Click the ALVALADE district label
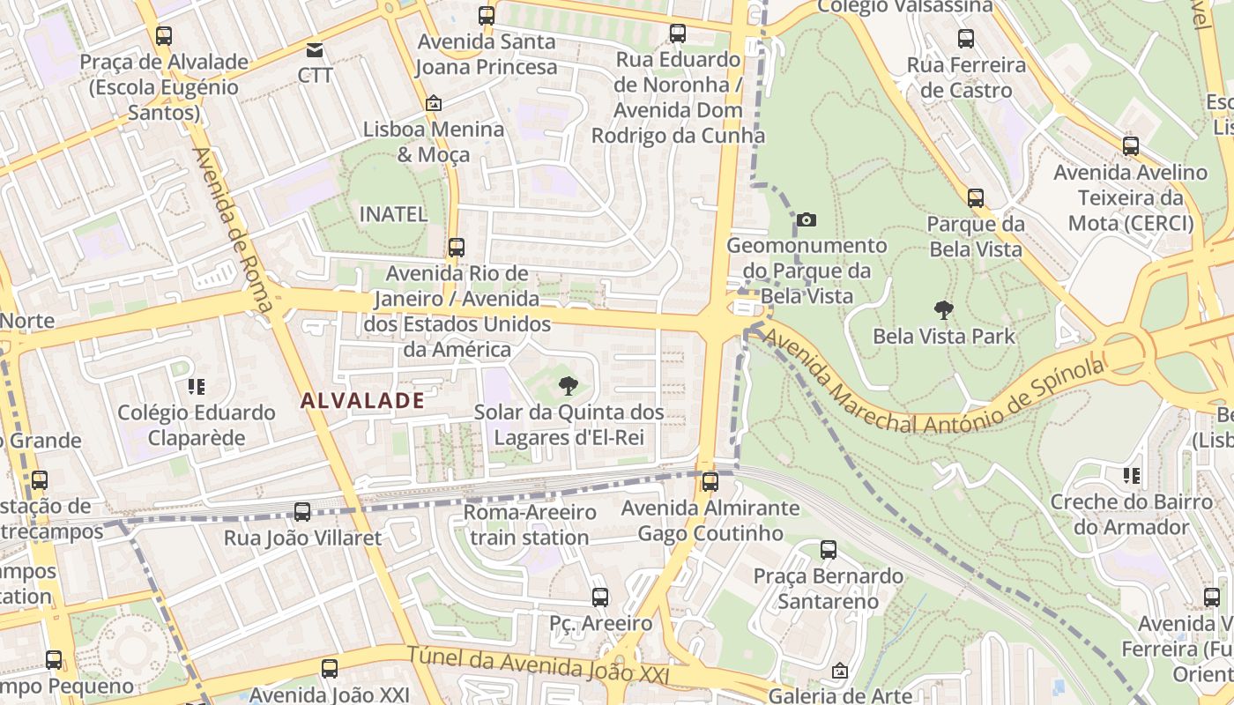pyautogui.click(x=362, y=401)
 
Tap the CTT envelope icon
pyautogui.click(x=315, y=49)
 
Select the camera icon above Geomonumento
pyautogui.click(x=806, y=219)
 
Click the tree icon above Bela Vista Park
pyautogui.click(x=944, y=310)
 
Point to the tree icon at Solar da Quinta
pyautogui.click(x=569, y=386)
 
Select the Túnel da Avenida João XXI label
pyautogui.click(x=538, y=666)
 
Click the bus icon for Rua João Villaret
pyautogui.click(x=302, y=512)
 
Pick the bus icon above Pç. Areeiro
pyautogui.click(x=600, y=597)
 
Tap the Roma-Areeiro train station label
pyautogui.click(x=530, y=524)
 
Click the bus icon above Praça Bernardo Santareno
pyautogui.click(x=829, y=550)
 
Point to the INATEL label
pyautogui.click(x=393, y=214)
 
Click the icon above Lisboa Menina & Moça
pyautogui.click(x=433, y=103)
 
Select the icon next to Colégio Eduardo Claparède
pyautogui.click(x=196, y=386)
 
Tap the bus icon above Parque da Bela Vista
pyautogui.click(x=975, y=198)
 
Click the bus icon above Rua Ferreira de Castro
pyautogui.click(x=966, y=39)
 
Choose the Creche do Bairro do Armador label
pyautogui.click(x=1132, y=515)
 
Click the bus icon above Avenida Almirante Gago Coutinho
pyautogui.click(x=710, y=482)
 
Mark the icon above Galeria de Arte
pyautogui.click(x=839, y=671)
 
